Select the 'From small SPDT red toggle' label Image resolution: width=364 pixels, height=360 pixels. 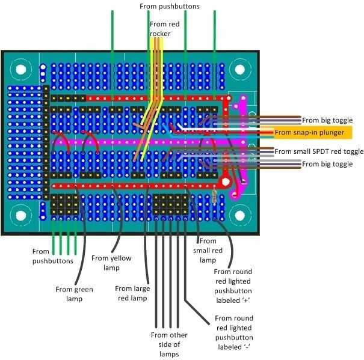coord(319,151)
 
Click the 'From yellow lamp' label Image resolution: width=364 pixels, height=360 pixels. coord(111,263)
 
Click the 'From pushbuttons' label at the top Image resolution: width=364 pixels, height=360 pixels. coord(169,7)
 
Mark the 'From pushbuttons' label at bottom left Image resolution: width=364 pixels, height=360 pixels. coord(53,257)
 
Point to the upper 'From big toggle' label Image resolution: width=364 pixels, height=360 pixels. coord(327,120)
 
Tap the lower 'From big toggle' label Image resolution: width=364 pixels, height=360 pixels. coord(327,164)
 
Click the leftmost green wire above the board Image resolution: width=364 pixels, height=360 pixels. coord(112,30)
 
